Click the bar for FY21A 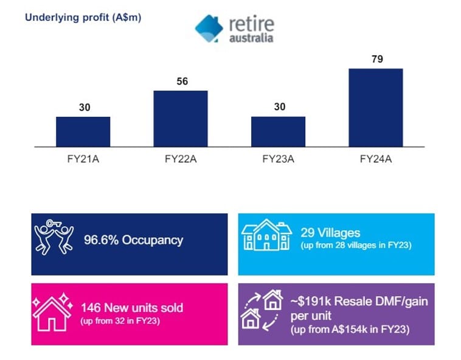click(83, 131)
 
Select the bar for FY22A click(180, 119)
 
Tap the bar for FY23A click(278, 131)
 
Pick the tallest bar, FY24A click(375, 108)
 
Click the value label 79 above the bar click(375, 60)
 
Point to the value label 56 click(181, 81)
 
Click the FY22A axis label click(180, 160)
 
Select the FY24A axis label click(375, 160)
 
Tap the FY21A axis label click(83, 160)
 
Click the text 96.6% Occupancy click(133, 240)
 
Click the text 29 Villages click(330, 232)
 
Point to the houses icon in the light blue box click(267, 235)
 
